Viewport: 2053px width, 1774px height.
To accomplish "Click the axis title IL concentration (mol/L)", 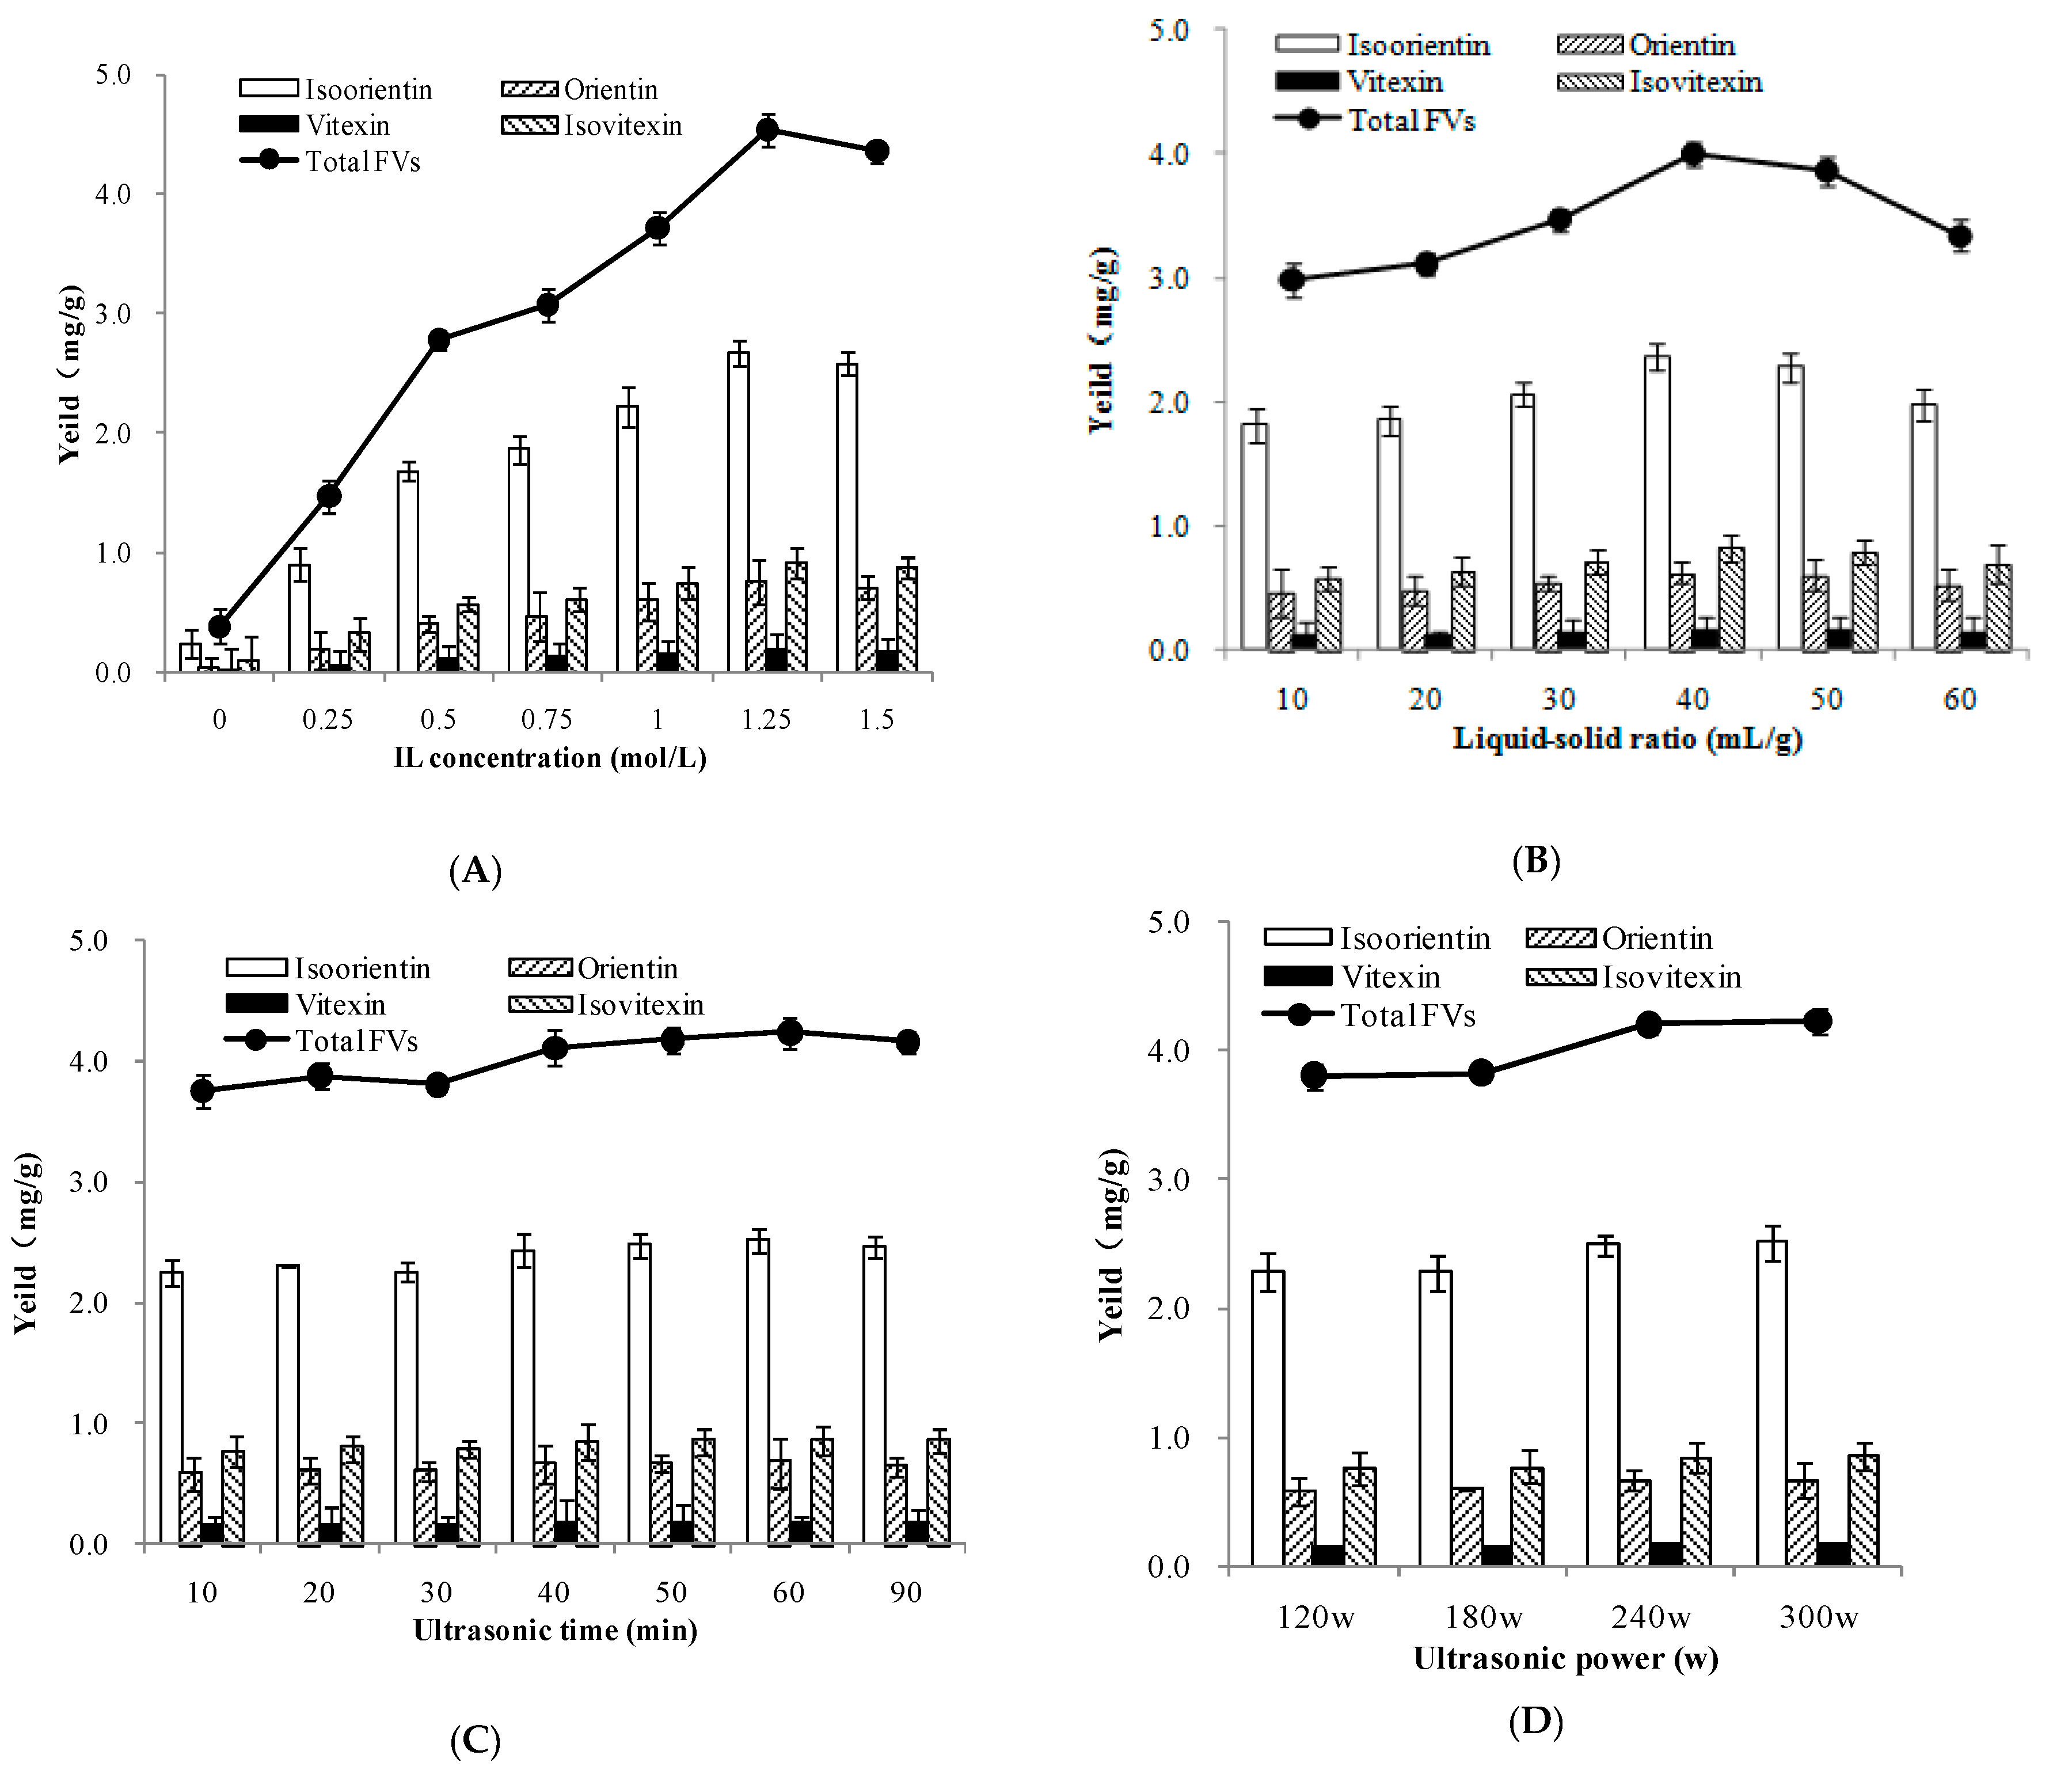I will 550,758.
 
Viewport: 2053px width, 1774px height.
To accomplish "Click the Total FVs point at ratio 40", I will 1693,154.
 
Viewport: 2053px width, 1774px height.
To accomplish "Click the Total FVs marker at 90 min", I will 907,1042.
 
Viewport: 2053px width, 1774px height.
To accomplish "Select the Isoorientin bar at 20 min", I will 288,1404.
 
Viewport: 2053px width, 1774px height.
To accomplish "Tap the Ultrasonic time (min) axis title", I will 555,1629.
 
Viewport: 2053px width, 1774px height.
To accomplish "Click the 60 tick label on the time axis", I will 789,1593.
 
